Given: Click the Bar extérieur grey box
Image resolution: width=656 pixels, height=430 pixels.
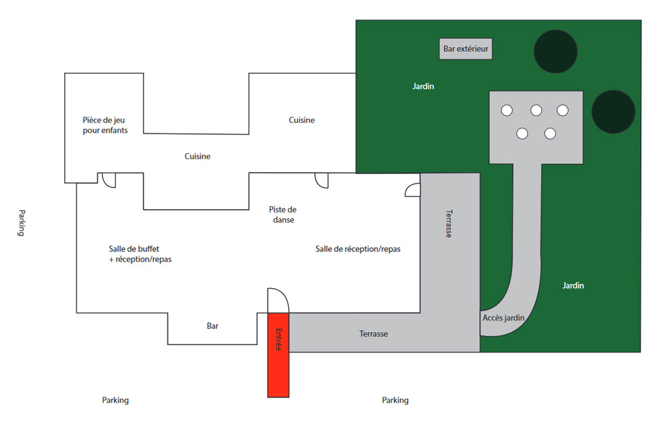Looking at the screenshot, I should (x=466, y=49).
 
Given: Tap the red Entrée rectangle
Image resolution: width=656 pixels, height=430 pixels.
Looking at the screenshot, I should (x=279, y=354).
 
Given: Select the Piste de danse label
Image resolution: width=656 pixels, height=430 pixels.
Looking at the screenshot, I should (x=283, y=214).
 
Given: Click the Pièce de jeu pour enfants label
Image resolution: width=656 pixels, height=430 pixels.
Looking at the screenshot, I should (x=105, y=125).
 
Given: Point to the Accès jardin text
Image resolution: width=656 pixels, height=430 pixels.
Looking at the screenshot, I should (x=503, y=317).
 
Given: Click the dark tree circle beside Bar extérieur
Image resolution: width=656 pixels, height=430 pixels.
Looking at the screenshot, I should (x=555, y=49).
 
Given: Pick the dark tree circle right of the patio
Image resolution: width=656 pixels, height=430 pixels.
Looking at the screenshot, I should (x=613, y=112).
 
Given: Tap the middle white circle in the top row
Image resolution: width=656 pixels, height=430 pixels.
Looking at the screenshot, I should (x=536, y=110).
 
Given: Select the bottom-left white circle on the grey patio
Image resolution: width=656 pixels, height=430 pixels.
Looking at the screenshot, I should (x=522, y=133).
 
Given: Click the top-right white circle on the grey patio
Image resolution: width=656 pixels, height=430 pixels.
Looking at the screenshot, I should (x=562, y=110).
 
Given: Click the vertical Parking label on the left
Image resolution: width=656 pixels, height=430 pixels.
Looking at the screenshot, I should (x=21, y=223).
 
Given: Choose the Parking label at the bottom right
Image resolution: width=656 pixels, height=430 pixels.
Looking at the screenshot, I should (x=395, y=400).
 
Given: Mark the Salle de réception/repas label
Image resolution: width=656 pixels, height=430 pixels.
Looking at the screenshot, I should (x=357, y=249).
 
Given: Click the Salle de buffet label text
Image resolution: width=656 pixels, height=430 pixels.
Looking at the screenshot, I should (x=140, y=254).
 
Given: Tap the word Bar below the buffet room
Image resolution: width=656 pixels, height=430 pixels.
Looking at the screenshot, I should (x=213, y=326).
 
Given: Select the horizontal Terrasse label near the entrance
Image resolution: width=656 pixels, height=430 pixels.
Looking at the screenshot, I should (x=373, y=333).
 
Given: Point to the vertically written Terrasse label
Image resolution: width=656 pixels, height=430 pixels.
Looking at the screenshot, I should (x=448, y=223).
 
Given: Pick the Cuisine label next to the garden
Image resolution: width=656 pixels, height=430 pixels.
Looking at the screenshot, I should (x=302, y=120).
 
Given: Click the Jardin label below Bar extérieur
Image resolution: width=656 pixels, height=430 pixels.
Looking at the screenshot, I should (x=423, y=86).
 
